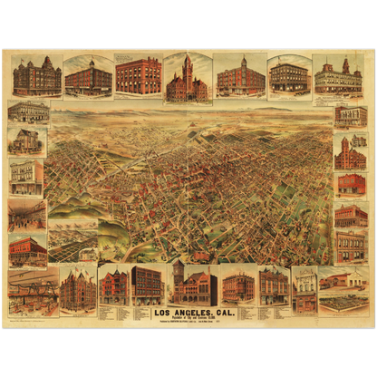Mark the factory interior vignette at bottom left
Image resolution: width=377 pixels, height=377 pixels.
tap(33, 290)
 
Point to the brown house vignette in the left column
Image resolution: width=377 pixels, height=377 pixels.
tap(27, 140)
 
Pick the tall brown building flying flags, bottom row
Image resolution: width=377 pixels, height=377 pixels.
tap(78, 288)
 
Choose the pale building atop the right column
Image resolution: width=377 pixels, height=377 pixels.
tap(351, 117)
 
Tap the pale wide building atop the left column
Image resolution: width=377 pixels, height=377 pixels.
tap(28, 111)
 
